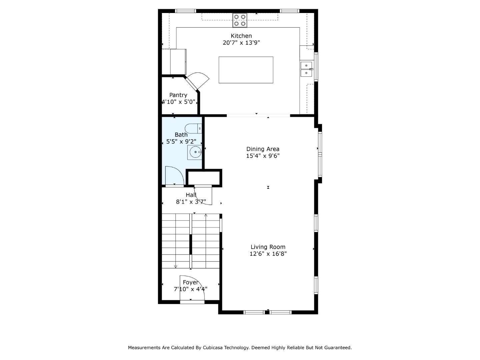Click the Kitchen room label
click(241, 36)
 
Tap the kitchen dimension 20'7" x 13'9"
click(241, 43)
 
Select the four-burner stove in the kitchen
click(240, 20)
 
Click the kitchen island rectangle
click(246, 70)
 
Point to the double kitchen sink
click(306, 69)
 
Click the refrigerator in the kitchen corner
click(178, 62)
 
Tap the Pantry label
click(178, 95)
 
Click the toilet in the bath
click(193, 128)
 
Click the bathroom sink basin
click(195, 153)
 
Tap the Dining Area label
click(263, 149)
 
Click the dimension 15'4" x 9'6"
click(263, 156)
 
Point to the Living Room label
click(268, 247)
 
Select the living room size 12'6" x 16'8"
click(268, 254)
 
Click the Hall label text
click(191, 195)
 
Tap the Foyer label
click(190, 282)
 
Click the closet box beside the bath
click(204, 178)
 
